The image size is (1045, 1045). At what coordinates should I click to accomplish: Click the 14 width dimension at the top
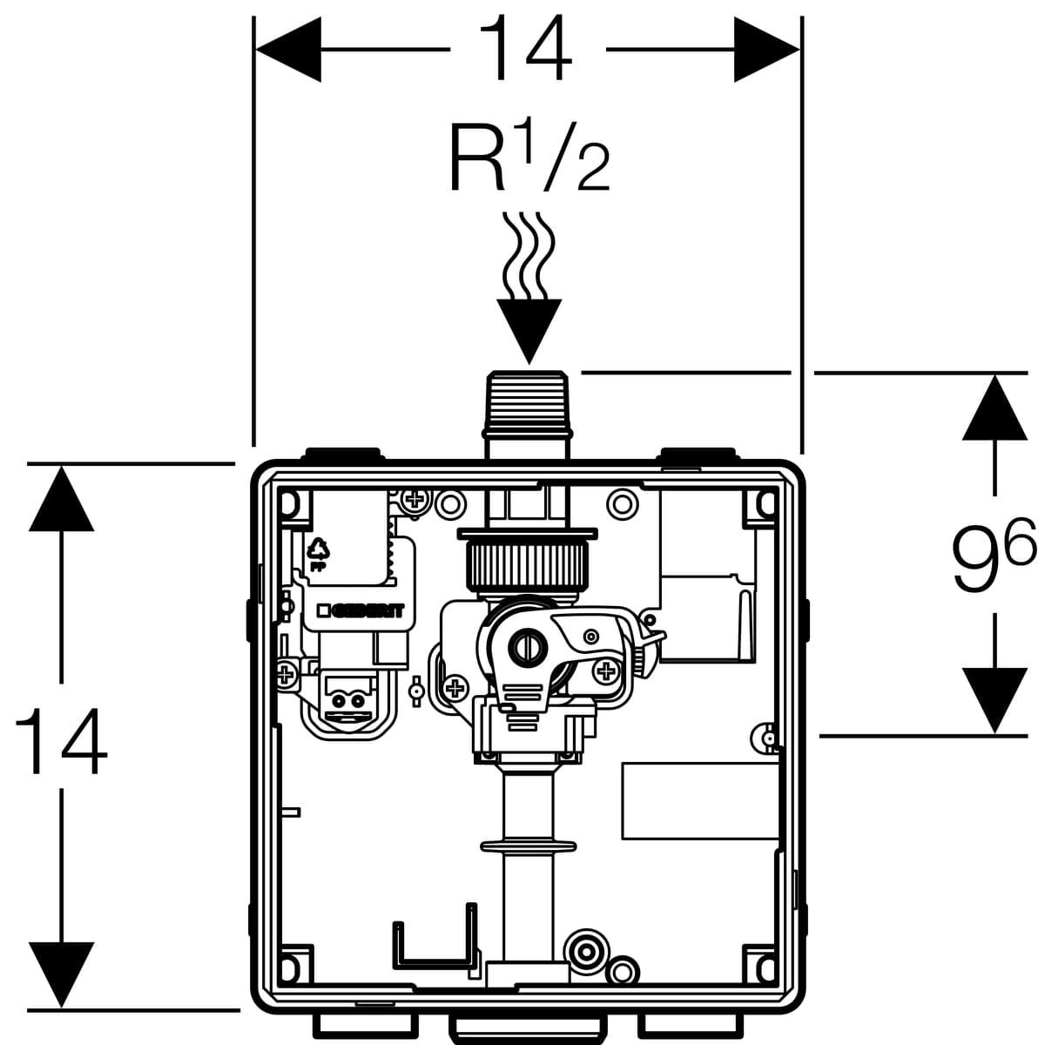click(x=527, y=50)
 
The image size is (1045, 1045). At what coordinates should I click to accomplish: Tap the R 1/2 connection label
click(x=528, y=158)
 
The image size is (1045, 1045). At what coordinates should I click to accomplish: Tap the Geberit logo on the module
click(x=360, y=610)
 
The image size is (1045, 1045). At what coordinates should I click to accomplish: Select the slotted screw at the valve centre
click(x=527, y=645)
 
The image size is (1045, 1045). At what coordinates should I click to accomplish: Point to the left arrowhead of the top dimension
click(x=287, y=51)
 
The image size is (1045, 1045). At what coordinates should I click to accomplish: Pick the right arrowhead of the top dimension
click(x=766, y=51)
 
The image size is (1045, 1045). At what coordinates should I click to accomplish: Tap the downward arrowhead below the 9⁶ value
click(x=994, y=698)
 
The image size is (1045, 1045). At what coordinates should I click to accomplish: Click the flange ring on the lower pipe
click(x=528, y=846)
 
